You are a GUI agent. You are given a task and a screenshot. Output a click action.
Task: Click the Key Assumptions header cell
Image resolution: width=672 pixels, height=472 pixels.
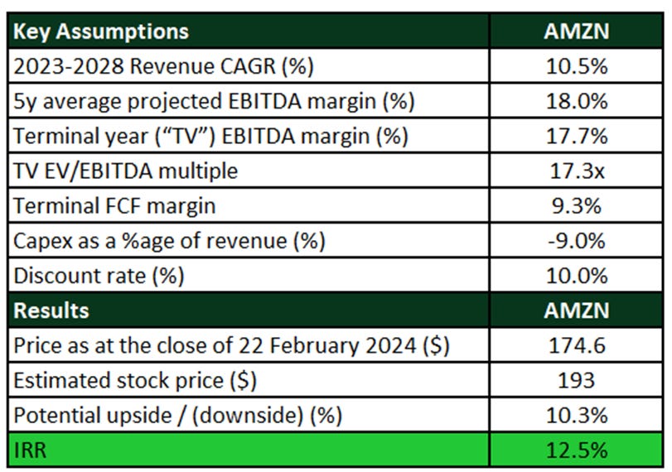pos(100,31)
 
